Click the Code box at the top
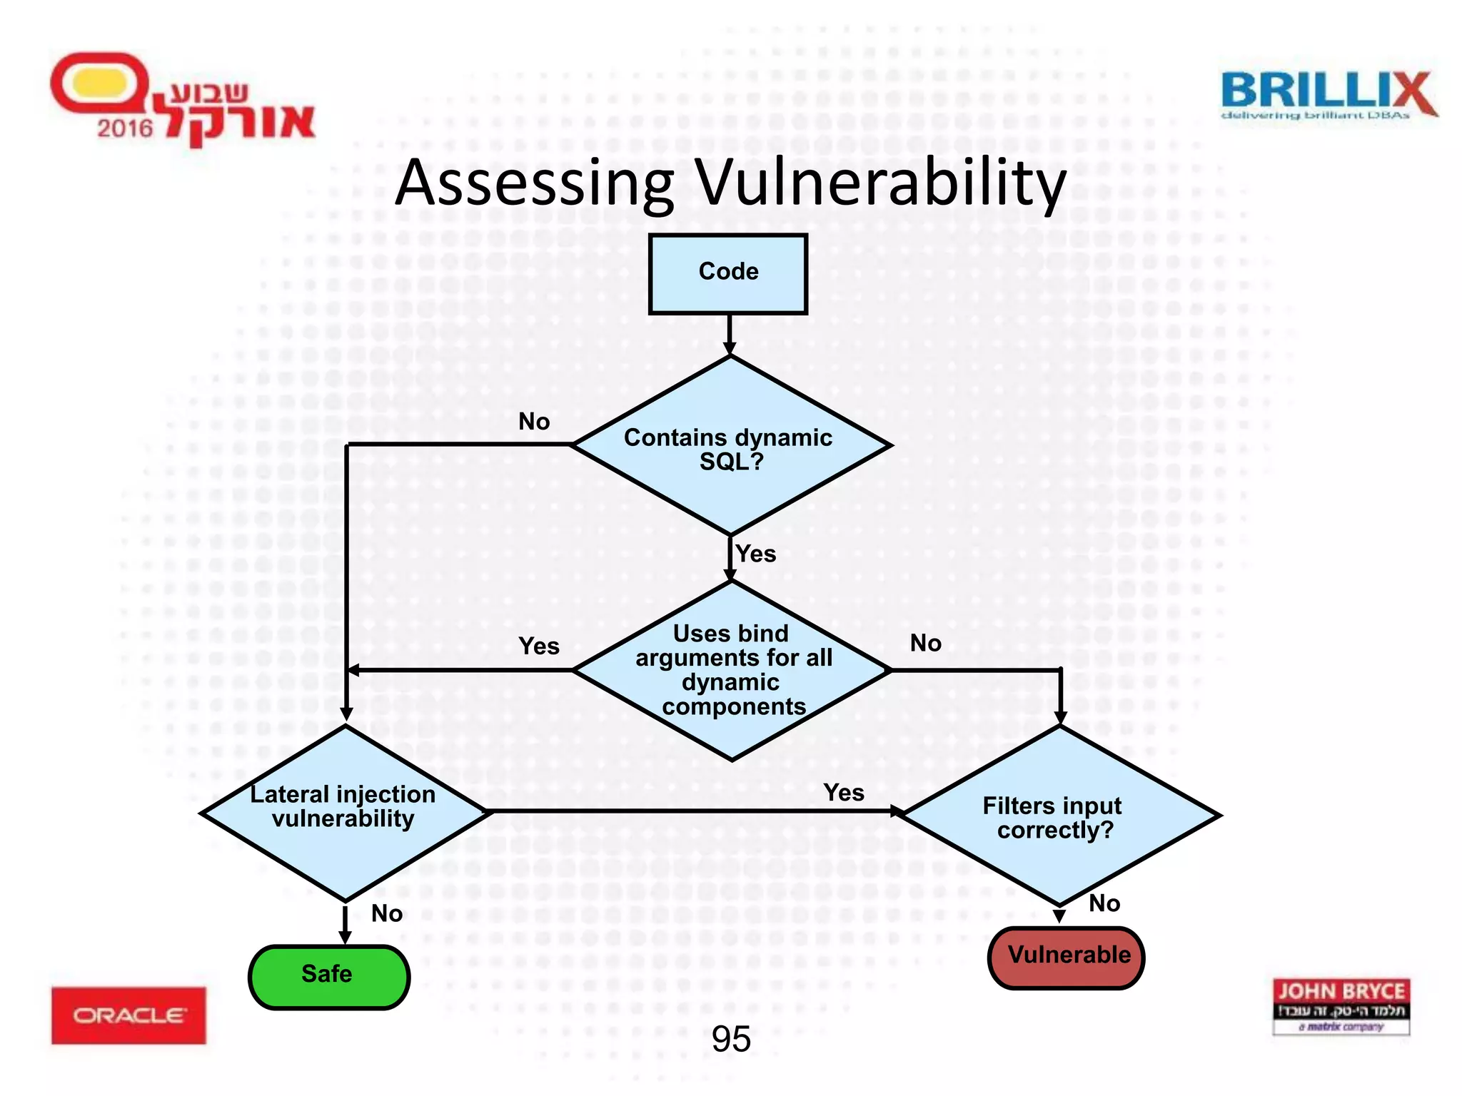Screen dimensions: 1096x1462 coord(728,274)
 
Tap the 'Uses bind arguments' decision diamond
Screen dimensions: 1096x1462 coord(732,671)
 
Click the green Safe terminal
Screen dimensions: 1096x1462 coord(328,975)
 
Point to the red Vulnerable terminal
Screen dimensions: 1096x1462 coord(1067,957)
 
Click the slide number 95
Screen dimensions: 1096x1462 coord(731,1039)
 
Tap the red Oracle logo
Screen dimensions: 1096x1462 coord(128,1015)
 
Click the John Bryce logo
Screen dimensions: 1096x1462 coord(1341,1006)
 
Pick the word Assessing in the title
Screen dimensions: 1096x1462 coord(535,184)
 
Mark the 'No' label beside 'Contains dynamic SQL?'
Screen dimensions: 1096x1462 coord(534,422)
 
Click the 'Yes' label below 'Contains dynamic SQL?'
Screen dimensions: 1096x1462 coord(756,554)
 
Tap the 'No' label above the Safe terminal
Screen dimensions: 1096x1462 coord(387,913)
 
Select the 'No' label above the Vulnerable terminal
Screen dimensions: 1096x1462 coord(1104,903)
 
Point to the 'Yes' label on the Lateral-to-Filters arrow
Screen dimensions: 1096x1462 coord(844,792)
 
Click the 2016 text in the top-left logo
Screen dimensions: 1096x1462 coord(125,128)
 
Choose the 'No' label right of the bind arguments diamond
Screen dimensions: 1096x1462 coord(926,643)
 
